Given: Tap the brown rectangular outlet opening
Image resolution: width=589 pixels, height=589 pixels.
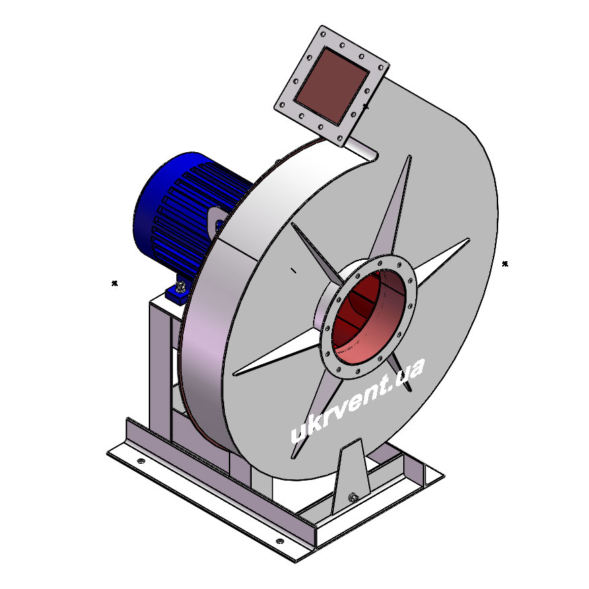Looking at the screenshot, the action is [x=331, y=85].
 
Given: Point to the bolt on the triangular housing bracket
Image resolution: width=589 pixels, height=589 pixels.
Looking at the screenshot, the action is [x=353, y=497].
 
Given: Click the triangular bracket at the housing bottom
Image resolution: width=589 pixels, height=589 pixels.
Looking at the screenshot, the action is [x=351, y=477].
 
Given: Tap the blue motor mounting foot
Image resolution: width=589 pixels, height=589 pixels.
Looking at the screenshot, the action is [x=179, y=291].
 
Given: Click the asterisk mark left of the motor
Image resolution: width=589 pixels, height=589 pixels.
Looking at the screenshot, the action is [x=114, y=283].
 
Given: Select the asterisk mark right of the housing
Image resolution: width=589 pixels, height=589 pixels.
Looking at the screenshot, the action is [x=505, y=264].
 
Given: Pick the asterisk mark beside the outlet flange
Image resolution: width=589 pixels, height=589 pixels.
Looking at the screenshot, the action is [x=365, y=106].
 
